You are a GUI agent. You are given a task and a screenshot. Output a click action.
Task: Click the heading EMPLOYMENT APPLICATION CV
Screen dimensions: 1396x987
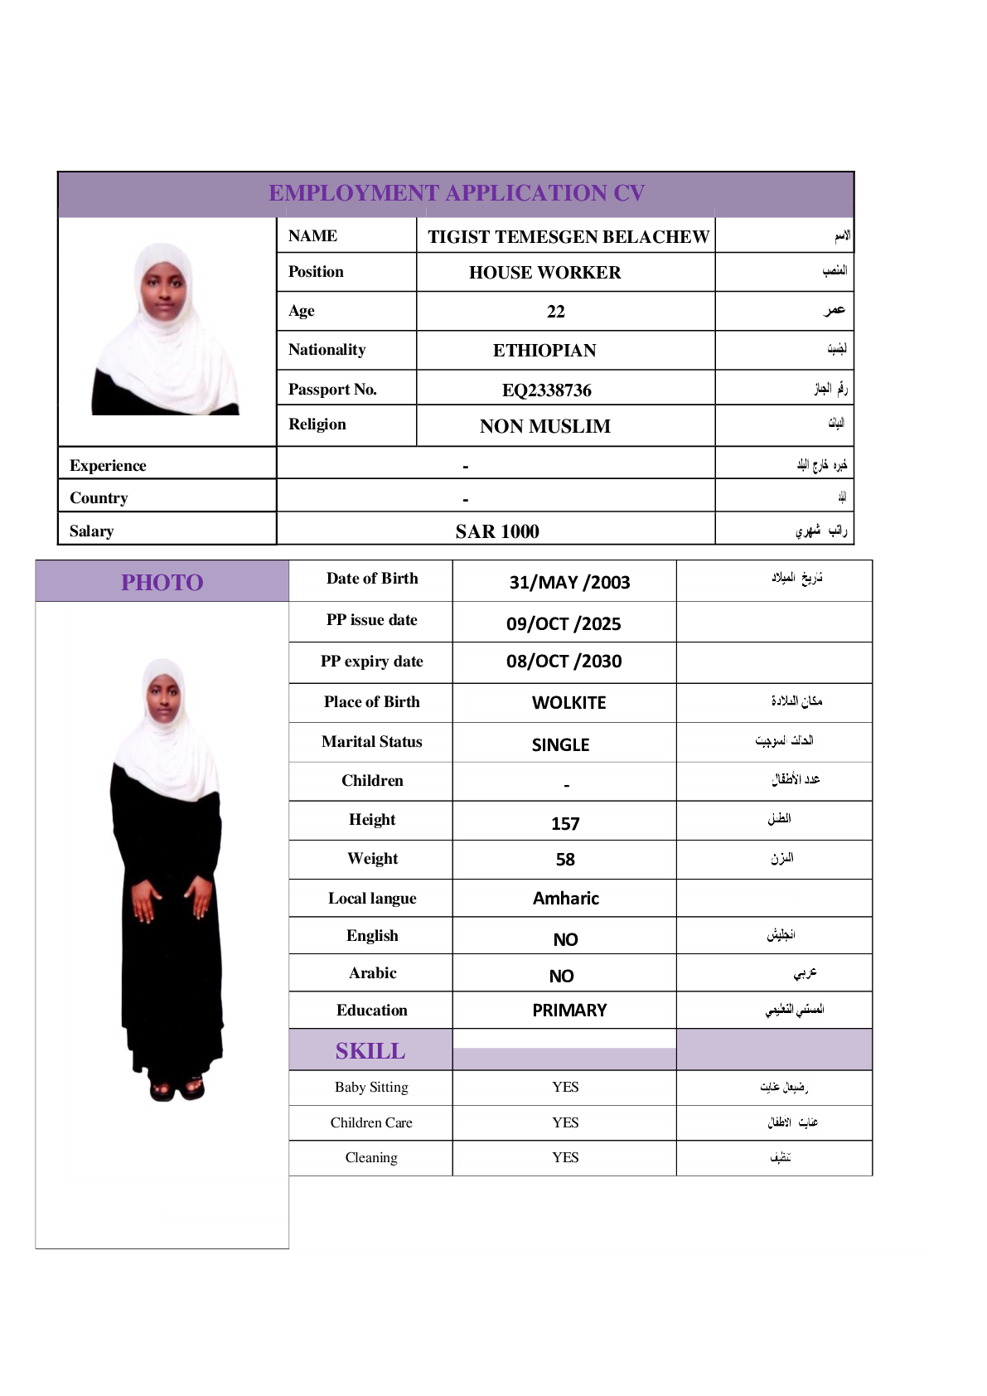(456, 193)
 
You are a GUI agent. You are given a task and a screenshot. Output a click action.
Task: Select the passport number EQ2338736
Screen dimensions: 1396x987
(546, 390)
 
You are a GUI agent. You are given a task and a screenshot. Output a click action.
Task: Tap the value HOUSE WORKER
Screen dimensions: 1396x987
(544, 273)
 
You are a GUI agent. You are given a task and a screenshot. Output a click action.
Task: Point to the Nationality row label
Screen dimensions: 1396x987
(327, 350)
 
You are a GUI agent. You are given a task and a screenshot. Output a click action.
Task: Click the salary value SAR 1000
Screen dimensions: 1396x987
(496, 531)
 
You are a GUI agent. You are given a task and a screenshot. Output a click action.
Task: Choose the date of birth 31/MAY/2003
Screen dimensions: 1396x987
(569, 582)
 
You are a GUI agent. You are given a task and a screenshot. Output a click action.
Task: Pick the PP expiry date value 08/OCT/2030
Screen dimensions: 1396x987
(564, 662)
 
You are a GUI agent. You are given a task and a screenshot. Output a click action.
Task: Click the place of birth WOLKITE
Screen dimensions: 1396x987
(568, 703)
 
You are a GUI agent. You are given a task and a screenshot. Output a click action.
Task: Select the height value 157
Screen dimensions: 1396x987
(565, 823)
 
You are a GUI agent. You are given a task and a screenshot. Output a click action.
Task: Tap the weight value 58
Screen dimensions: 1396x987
(565, 860)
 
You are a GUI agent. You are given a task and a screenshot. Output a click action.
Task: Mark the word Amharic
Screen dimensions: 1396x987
(565, 899)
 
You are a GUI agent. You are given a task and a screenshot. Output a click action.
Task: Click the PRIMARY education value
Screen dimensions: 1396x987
(569, 1011)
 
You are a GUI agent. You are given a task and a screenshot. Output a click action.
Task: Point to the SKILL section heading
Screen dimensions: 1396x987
(370, 1051)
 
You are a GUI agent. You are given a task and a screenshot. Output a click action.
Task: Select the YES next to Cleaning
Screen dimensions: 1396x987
(565, 1157)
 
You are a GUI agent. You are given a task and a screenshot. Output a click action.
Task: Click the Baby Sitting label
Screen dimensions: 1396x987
(371, 1087)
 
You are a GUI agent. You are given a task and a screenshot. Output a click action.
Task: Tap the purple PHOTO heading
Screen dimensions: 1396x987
(162, 582)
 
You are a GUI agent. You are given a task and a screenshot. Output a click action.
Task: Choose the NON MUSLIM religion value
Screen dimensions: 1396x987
(544, 426)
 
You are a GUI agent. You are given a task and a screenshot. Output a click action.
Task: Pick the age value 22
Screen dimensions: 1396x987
(555, 312)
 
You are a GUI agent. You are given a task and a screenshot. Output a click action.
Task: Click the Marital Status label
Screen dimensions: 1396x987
(371, 742)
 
